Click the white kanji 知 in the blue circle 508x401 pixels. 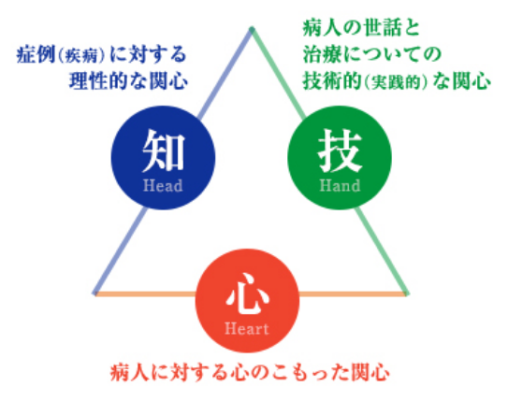coord(164,150)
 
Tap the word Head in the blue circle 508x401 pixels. coord(163,186)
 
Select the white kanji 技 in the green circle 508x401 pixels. coord(340,151)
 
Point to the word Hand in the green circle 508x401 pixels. coord(340,186)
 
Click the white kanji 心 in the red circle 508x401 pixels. coord(248,294)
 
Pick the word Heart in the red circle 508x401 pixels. coord(247,329)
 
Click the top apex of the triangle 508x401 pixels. coord(252,29)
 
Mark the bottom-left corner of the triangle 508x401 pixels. coord(94,294)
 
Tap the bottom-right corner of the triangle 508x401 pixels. coord(407,294)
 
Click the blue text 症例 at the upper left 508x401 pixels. coord(36,54)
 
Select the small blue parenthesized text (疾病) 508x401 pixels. coord(81,56)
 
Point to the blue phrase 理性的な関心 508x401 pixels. coord(128,80)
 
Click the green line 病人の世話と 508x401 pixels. coord(361,28)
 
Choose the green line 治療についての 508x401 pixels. coord(371,54)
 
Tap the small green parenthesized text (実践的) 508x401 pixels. coord(397,82)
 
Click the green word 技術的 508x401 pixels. coord(332,81)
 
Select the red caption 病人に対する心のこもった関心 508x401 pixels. coord(250,373)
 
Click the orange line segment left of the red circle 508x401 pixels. coord(145,294)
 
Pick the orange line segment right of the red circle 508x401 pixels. coord(353,294)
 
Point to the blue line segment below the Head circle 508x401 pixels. coord(120,251)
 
